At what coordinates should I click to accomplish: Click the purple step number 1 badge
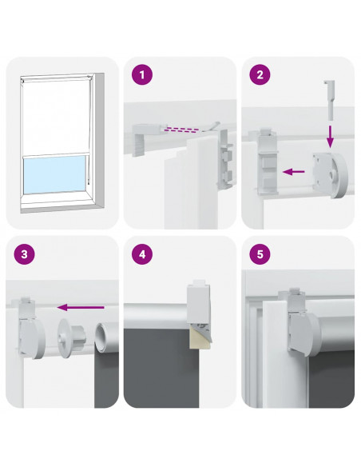click(142, 74)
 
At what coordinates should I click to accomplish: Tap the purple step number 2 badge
click(260, 74)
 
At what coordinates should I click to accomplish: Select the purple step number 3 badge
click(25, 254)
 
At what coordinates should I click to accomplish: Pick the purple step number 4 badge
click(142, 254)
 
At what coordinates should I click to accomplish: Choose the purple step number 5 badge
click(260, 254)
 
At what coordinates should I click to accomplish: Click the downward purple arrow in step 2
click(330, 137)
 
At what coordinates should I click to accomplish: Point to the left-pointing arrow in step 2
click(293, 172)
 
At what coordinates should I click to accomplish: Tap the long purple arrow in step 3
click(81, 307)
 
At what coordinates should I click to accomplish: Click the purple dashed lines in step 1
click(180, 130)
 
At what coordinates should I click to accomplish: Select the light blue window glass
click(54, 175)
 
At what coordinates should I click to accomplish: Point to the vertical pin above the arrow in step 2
click(330, 100)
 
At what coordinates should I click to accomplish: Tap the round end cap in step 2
click(331, 175)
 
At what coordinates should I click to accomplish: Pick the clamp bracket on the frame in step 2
click(267, 162)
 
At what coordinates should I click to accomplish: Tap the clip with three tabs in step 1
click(225, 159)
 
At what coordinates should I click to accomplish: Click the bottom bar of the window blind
click(56, 155)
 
